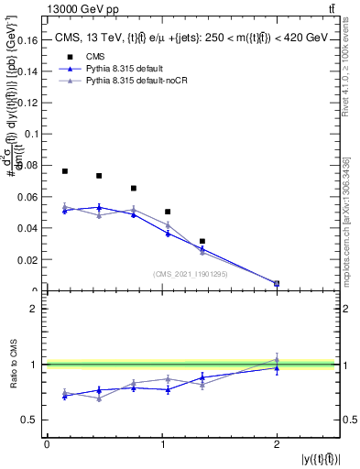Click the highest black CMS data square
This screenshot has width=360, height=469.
pyautogui.click(x=65, y=171)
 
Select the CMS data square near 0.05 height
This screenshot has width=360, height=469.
pyautogui.click(x=168, y=212)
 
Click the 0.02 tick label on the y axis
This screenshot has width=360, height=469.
pyautogui.click(x=28, y=260)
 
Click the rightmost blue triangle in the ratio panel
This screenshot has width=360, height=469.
pyautogui.click(x=277, y=368)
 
